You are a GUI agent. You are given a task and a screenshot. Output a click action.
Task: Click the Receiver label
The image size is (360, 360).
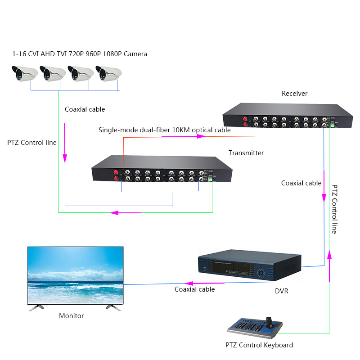(x=294, y=94)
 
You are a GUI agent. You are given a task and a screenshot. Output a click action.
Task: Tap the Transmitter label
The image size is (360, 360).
(x=246, y=153)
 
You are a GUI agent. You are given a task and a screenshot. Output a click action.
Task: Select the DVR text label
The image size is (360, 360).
(x=281, y=291)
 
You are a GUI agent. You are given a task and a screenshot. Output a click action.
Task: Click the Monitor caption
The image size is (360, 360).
(x=71, y=316)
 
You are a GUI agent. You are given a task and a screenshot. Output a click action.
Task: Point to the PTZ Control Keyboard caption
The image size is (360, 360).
(x=259, y=345)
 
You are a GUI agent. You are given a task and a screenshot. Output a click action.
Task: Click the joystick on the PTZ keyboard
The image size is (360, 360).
(x=270, y=320)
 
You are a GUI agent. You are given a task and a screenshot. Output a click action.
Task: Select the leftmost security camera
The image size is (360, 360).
(x=24, y=73)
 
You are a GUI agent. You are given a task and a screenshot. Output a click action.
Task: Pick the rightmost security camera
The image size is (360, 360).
(x=108, y=73)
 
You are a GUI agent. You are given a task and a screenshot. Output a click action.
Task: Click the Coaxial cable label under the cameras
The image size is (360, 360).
(x=85, y=109)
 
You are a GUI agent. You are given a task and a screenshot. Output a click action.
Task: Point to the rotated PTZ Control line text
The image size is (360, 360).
(x=334, y=209)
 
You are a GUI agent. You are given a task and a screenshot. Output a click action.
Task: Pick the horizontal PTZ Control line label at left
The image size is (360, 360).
(x=32, y=143)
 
